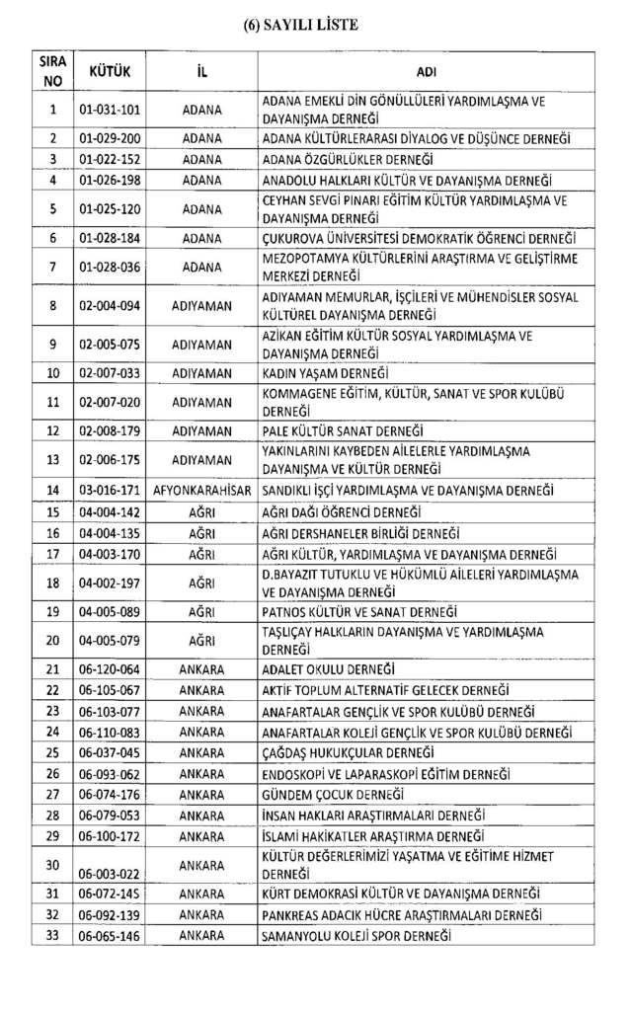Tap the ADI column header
(427, 72)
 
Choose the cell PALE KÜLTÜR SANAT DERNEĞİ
(342, 431)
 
